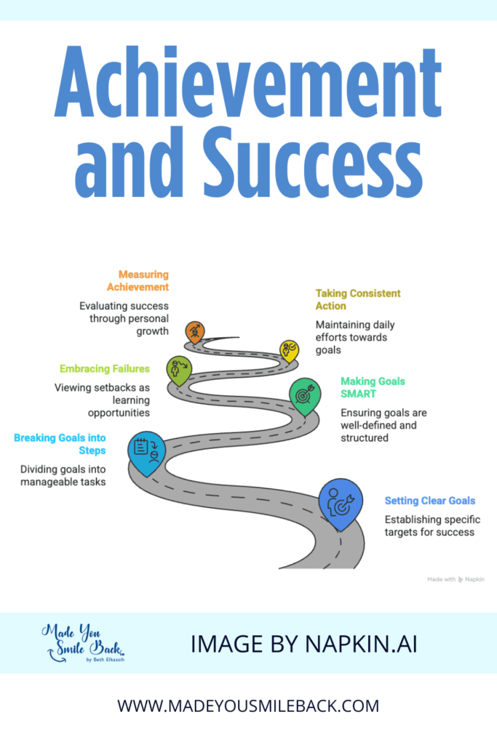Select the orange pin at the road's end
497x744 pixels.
coord(195,331)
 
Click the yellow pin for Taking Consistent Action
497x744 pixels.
coord(289,350)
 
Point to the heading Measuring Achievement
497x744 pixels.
coord(143,280)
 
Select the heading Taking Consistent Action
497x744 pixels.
coord(357,299)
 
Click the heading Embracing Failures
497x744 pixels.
coord(106,368)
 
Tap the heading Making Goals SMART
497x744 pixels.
coord(373,387)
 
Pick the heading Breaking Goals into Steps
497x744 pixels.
coord(60,443)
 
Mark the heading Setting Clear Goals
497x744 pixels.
coord(429,501)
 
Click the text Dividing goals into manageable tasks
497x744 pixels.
coord(63,475)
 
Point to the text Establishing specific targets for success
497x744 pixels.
coord(429,526)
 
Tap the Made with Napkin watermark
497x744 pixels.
coord(456,579)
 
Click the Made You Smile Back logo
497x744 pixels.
coord(84,643)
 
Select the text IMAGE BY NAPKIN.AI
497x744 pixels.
coord(303,644)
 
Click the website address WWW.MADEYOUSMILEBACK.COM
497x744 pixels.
coord(248,705)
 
